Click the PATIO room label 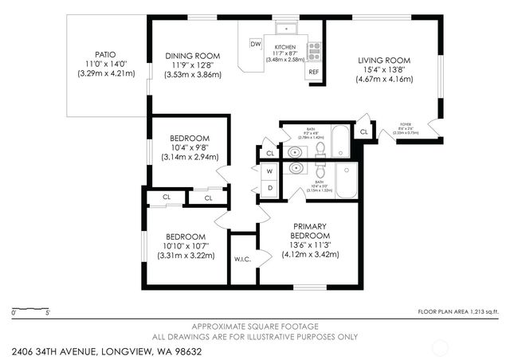point(106,55)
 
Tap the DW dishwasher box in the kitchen point(257,44)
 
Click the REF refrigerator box point(314,72)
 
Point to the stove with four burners point(314,51)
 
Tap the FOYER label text point(406,125)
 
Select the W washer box point(269,170)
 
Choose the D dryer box point(269,187)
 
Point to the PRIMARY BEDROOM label point(310,231)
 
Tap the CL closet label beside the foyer point(363,131)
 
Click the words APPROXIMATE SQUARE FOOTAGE point(256,327)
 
